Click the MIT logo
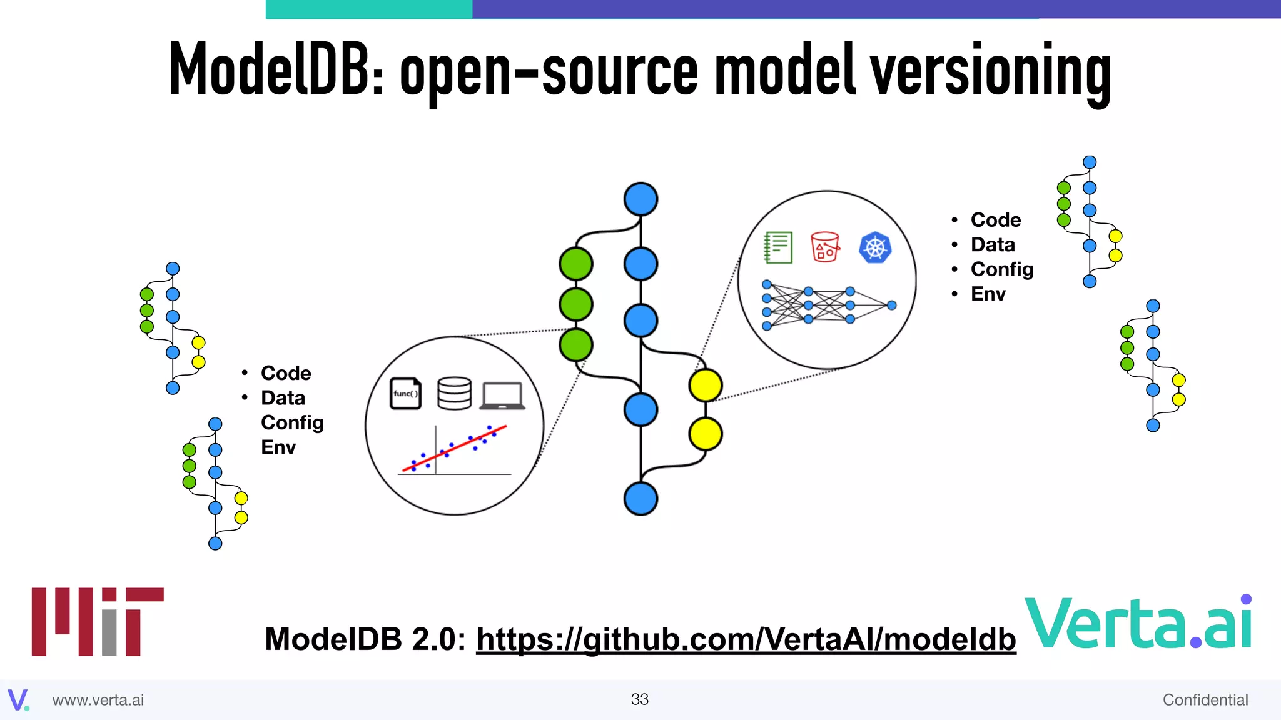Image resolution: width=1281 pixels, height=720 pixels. [97, 621]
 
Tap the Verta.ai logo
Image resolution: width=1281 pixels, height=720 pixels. [1137, 623]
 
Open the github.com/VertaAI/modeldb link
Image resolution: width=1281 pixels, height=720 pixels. [746, 639]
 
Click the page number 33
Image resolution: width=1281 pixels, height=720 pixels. [639, 699]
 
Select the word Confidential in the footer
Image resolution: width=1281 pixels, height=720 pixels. [1205, 700]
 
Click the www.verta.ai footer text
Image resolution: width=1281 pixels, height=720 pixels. [98, 700]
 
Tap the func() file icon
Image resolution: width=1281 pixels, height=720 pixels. [405, 394]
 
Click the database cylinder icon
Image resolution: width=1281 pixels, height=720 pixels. [454, 394]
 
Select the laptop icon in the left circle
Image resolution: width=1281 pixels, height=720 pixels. [502, 396]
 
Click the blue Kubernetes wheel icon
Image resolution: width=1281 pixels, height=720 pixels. [874, 247]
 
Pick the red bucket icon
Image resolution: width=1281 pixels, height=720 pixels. [824, 247]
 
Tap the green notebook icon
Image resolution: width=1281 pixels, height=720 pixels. [778, 247]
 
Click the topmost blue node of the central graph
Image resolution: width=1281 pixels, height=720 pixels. [640, 199]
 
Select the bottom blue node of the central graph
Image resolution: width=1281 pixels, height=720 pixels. [640, 499]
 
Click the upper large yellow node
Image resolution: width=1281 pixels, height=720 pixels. [706, 385]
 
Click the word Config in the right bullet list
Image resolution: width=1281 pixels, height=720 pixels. [1001, 269]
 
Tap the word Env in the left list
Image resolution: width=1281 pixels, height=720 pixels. [278, 447]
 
